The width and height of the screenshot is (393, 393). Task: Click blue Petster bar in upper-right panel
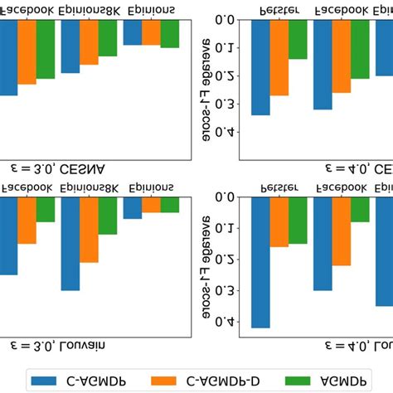(x=260, y=66)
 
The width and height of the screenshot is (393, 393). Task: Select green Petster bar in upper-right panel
(x=298, y=39)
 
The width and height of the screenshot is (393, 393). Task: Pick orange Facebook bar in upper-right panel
(x=342, y=56)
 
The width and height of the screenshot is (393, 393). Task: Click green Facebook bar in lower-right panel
(x=360, y=210)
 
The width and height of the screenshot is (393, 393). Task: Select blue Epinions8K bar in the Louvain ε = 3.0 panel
(x=70, y=244)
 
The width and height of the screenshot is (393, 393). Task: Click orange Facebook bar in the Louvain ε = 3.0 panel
(x=27, y=221)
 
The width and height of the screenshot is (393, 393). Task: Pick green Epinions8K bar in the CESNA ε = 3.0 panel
(x=108, y=38)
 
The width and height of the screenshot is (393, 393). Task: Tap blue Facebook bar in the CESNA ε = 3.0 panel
(x=8, y=57)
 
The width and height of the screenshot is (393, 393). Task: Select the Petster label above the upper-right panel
(x=274, y=10)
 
